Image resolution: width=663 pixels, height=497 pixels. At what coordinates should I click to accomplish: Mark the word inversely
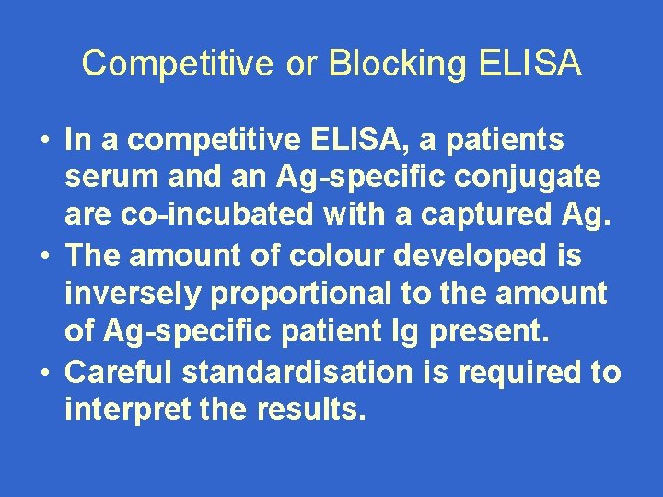click(x=134, y=293)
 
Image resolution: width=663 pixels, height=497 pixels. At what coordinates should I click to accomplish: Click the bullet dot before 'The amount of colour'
click(x=44, y=255)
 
